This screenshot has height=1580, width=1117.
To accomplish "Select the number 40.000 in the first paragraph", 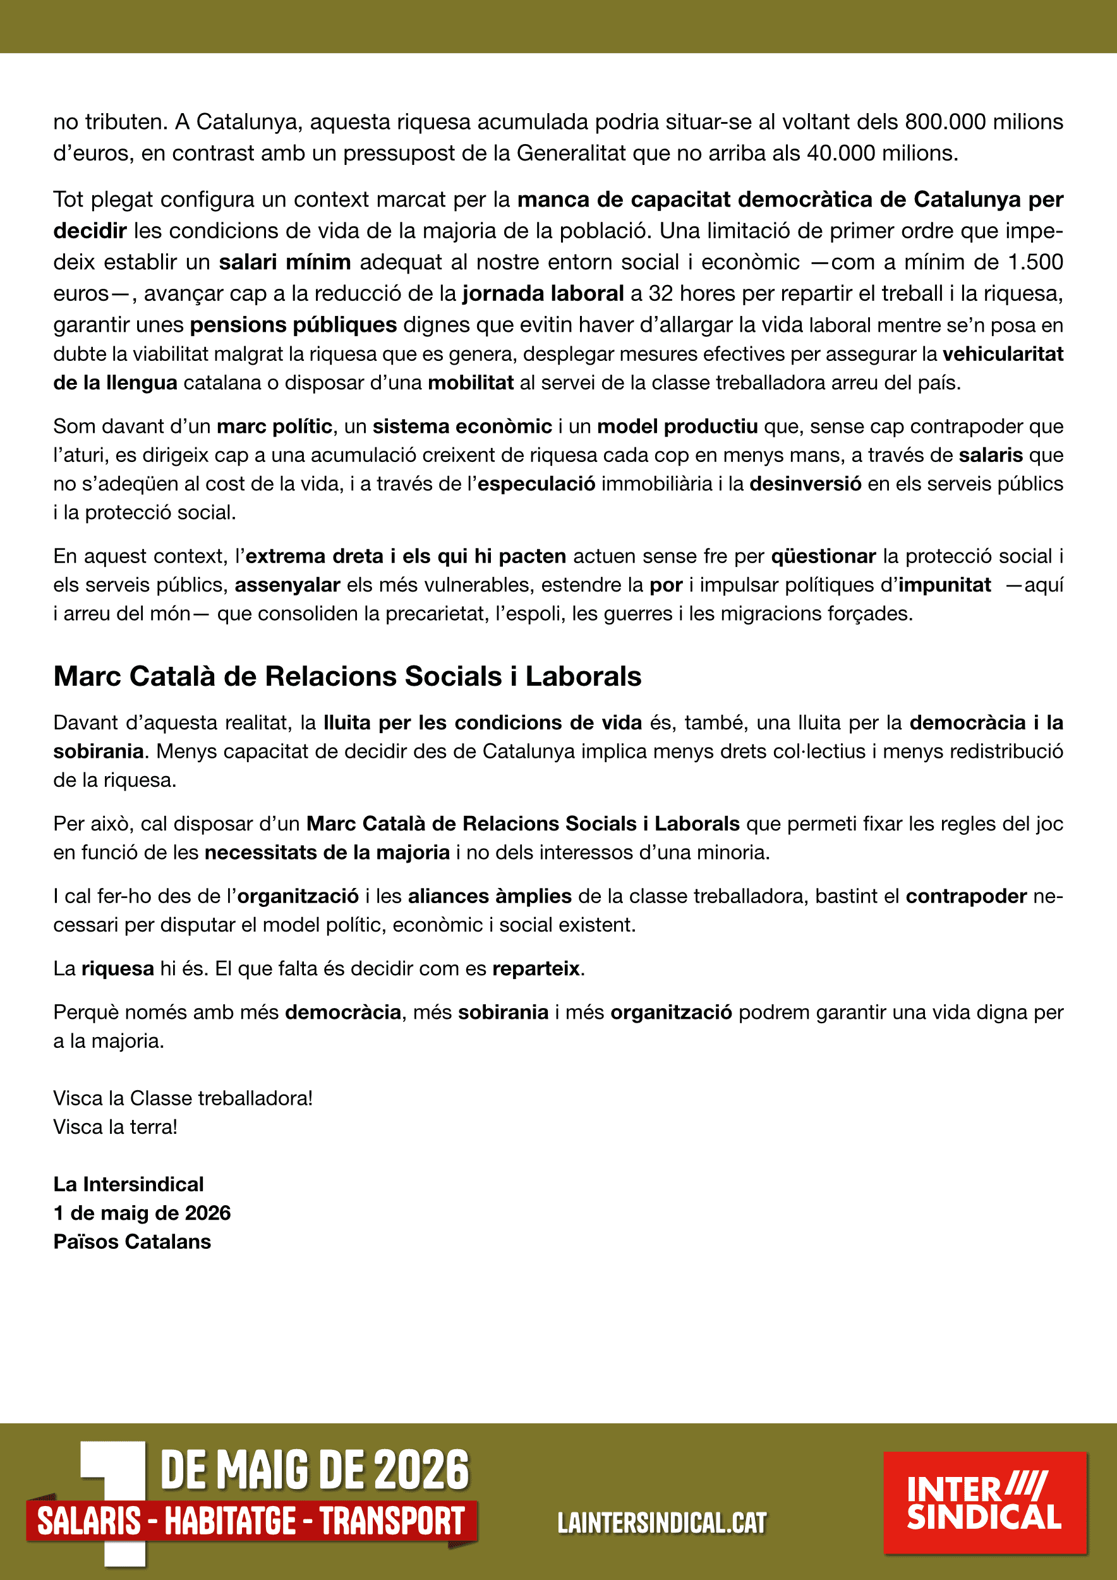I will point(841,153).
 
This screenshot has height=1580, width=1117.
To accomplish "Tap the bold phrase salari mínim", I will point(285,262).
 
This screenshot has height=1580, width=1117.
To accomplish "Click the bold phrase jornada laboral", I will point(543,293).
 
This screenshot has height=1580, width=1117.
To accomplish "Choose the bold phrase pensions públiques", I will point(293,324).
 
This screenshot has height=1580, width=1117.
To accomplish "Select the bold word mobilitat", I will point(471,382).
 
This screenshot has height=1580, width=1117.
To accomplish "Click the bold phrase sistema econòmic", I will point(462,426).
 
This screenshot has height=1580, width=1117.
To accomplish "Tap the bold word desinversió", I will point(805,483).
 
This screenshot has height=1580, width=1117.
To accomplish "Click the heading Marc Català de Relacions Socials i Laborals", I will point(347,676).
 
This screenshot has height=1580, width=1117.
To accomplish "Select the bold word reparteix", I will point(536,968).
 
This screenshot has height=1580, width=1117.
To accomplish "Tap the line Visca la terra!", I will point(116,1126).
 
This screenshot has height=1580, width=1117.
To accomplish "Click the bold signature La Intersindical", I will point(129,1184).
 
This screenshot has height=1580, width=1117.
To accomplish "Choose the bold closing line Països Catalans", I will point(132,1241).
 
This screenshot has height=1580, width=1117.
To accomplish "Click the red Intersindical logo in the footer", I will point(985,1503).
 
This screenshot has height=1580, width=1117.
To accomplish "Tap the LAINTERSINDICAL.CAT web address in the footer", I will point(661,1523).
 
